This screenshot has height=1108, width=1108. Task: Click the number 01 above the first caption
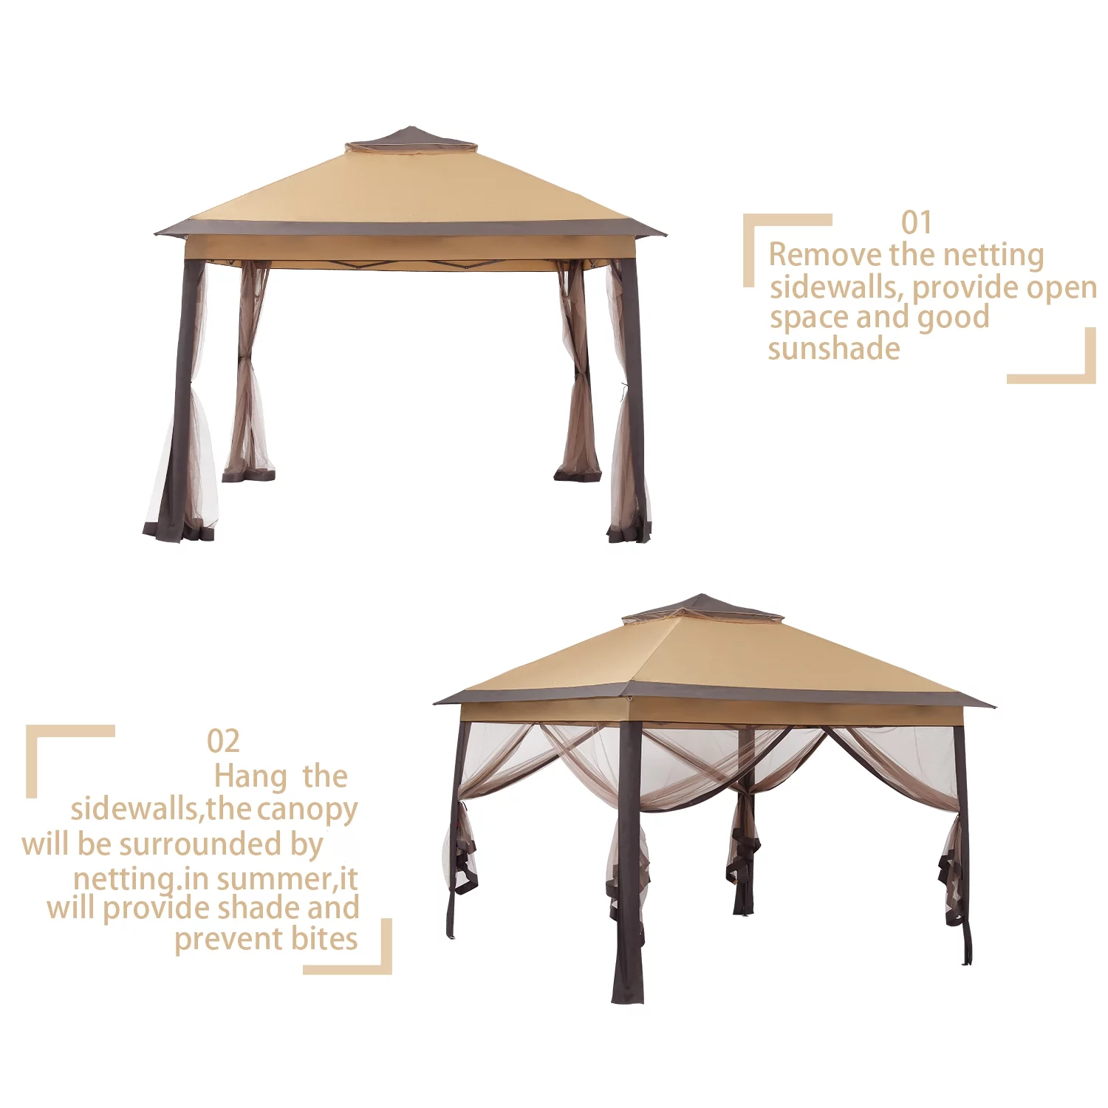(917, 222)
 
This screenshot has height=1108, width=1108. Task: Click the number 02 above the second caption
(223, 741)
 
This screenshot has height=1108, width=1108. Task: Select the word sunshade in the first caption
(834, 348)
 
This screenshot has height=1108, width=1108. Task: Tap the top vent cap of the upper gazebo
(411, 140)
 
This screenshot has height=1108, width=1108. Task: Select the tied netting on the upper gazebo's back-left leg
(248, 369)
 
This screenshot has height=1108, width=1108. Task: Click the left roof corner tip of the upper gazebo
(155, 234)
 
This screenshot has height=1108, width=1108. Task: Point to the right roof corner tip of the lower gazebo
(994, 706)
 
